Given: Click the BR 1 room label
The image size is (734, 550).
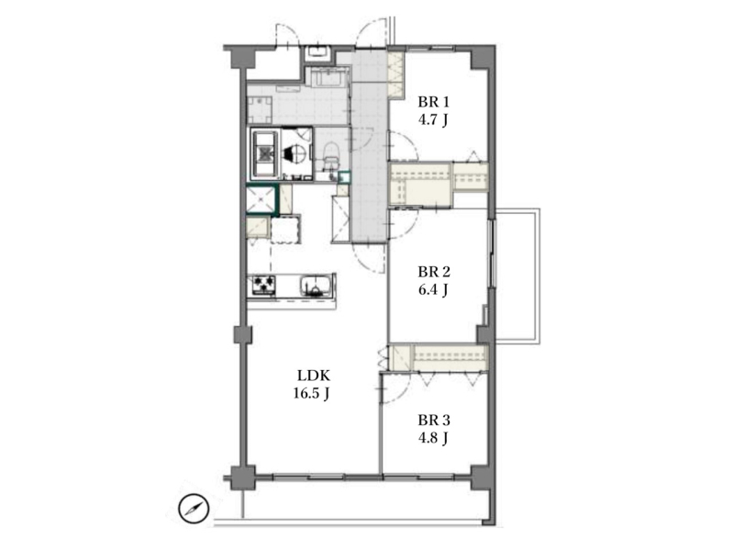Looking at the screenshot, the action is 433,102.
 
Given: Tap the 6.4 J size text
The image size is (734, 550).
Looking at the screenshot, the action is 433,290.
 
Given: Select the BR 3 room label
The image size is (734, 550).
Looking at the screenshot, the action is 434,420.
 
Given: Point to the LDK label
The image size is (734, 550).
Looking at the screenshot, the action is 314,376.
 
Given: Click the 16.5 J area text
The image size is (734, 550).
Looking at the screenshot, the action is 311,394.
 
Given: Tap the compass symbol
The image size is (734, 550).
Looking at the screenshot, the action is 194,509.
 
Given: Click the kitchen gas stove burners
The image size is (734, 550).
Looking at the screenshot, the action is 263,285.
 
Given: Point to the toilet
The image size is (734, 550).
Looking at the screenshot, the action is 331,155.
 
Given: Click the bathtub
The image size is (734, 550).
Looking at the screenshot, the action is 265,153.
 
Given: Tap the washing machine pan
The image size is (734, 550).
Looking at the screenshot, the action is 260,107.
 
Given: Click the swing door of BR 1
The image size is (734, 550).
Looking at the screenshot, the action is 404,146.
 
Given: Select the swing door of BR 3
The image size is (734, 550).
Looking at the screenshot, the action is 396,387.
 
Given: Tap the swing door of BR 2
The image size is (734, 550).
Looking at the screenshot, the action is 403,224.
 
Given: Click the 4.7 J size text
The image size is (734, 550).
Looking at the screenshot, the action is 433,120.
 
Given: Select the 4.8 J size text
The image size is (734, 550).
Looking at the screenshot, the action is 433,438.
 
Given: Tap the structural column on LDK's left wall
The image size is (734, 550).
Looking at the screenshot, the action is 242,334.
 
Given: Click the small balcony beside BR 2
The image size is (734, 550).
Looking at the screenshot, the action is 517,276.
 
